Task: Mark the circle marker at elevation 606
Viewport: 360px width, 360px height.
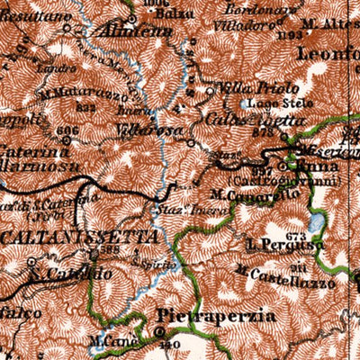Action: (x=65, y=140)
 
